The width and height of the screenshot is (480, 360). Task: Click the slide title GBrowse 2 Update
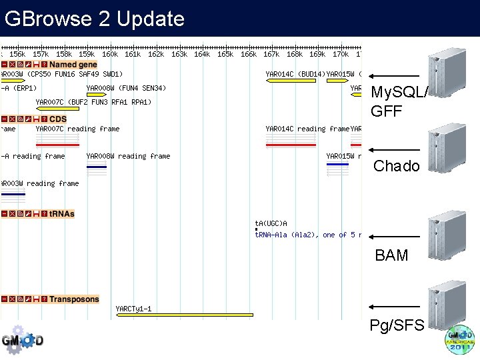click(x=94, y=19)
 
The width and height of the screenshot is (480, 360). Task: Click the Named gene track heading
click(x=73, y=65)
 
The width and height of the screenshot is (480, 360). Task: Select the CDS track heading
click(x=58, y=119)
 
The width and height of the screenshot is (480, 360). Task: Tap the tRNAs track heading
click(x=62, y=214)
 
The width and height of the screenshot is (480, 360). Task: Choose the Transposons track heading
click(x=74, y=299)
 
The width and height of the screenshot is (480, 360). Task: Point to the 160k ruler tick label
click(x=110, y=54)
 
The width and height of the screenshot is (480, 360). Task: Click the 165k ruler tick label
click(x=225, y=54)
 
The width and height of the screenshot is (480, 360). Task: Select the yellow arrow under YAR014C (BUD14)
click(x=281, y=80)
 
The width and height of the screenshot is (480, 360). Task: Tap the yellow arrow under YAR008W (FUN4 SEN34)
click(x=97, y=95)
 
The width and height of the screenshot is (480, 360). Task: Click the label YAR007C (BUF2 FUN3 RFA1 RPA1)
click(x=93, y=102)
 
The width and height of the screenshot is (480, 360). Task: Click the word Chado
click(x=397, y=166)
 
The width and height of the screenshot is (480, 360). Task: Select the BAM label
click(x=391, y=255)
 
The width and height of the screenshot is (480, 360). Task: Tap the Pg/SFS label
click(x=397, y=325)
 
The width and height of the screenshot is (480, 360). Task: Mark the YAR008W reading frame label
click(x=128, y=156)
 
